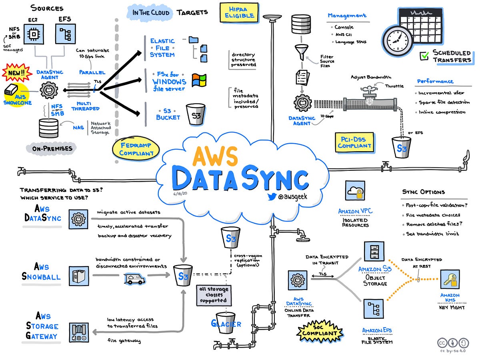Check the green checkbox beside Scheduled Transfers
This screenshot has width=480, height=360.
point(424,56)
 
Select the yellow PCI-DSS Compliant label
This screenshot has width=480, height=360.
point(354,142)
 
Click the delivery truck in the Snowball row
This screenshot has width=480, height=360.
point(134,278)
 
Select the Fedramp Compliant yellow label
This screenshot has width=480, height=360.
point(136,149)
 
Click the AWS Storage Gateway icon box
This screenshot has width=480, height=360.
point(79,332)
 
